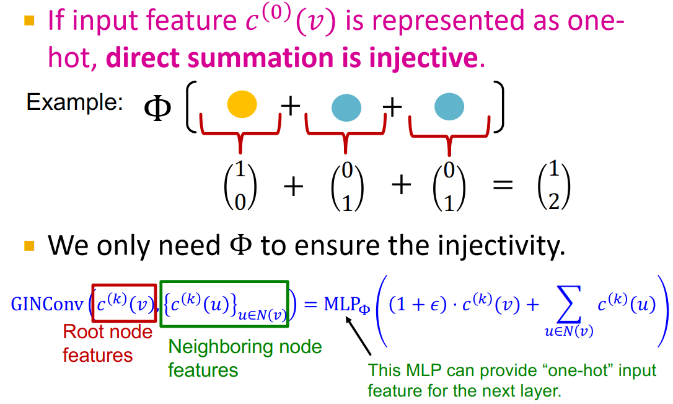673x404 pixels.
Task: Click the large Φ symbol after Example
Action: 157,109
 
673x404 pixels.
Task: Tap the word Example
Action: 74,102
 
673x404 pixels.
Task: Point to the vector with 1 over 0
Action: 240,186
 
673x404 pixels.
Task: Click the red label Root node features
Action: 107,343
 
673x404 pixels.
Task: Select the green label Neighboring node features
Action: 244,357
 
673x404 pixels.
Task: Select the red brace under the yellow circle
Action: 240,133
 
